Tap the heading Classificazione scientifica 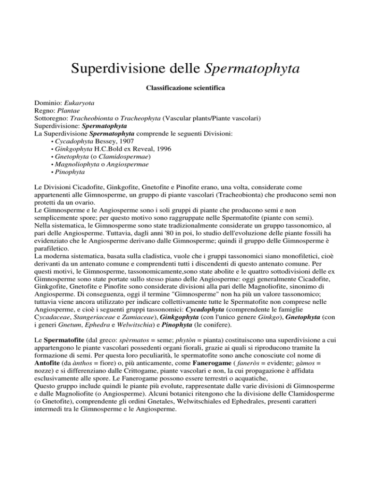(x=185, y=89)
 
